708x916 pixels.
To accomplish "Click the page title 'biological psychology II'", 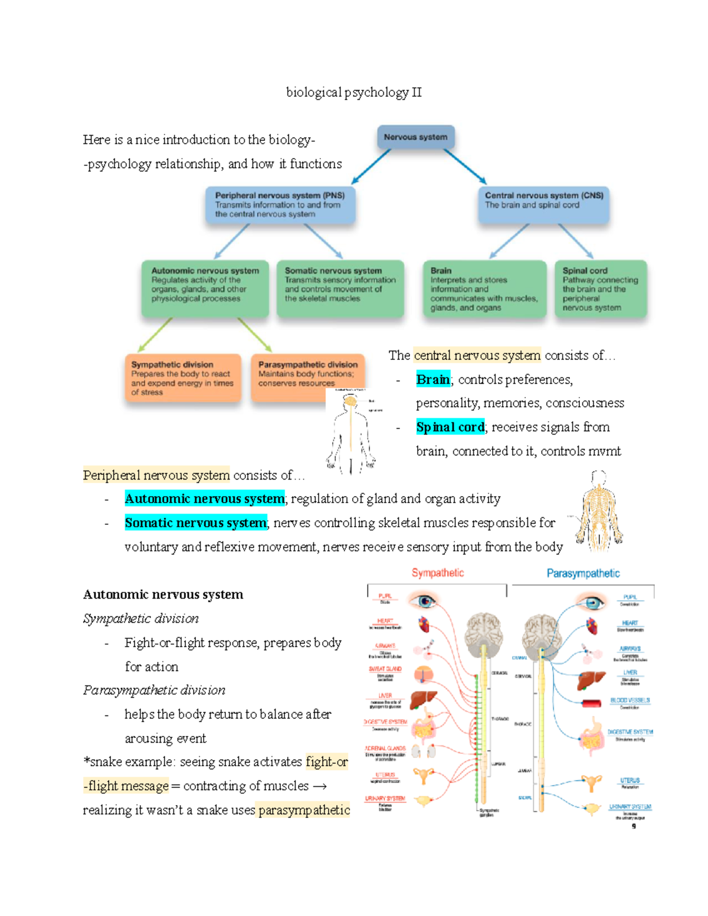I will point(353,92).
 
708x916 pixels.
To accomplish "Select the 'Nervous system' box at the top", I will point(415,137).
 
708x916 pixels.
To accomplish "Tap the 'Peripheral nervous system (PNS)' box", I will point(280,205).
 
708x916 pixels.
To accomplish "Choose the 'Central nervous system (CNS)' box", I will point(543,204).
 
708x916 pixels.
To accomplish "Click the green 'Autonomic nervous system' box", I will point(205,288).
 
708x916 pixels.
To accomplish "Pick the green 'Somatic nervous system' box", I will point(340,288).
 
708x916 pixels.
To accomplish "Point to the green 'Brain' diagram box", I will point(484,288).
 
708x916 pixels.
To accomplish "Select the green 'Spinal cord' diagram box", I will point(600,288).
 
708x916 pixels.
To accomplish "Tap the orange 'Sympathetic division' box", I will point(182,377).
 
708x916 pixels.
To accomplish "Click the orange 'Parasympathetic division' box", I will point(307,375).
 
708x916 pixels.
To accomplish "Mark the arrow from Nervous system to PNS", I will point(371,166).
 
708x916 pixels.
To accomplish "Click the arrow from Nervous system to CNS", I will point(465,166).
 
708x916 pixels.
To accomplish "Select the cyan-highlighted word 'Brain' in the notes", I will point(433,379).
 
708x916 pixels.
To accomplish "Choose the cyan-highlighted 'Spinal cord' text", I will point(450,427).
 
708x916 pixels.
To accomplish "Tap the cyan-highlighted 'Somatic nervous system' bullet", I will point(195,523).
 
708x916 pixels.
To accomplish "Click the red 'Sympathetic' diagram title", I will point(438,573).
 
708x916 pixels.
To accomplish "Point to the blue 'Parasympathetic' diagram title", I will point(583,573).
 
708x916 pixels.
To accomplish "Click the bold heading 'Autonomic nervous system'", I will point(163,595).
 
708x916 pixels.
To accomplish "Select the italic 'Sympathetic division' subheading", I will point(140,619).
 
